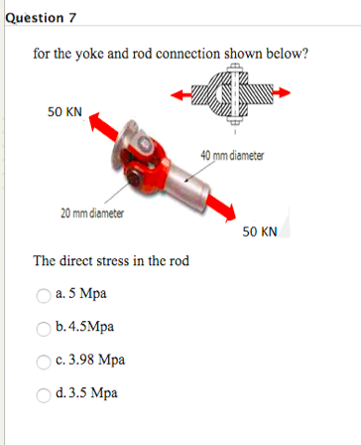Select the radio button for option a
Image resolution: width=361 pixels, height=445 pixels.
(45, 294)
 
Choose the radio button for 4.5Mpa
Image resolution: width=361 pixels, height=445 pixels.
(45, 327)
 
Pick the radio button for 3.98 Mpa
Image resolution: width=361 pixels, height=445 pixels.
(45, 360)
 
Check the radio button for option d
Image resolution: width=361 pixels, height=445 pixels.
(45, 392)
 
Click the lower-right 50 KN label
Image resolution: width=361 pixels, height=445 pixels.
(259, 231)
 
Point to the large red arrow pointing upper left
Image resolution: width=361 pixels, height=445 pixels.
(104, 130)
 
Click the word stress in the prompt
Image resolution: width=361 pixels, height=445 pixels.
(132, 261)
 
